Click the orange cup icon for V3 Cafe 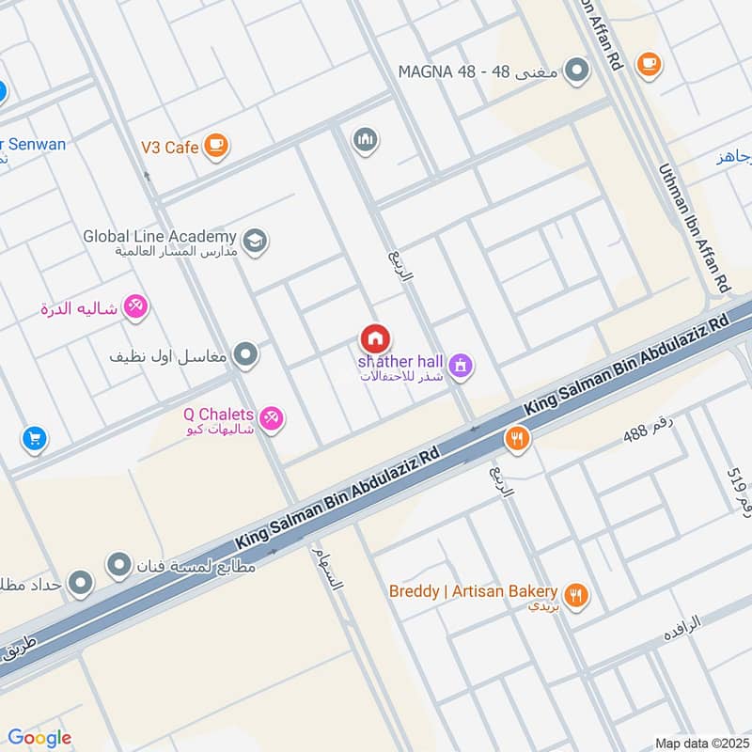(x=216, y=147)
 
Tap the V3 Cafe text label (x=169, y=148)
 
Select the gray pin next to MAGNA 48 (x=577, y=70)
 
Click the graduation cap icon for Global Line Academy (x=255, y=242)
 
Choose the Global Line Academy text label (x=158, y=237)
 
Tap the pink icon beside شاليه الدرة (x=136, y=306)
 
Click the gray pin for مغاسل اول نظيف (x=246, y=355)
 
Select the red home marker (x=375, y=338)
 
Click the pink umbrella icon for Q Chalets (x=272, y=417)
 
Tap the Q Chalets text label (x=219, y=413)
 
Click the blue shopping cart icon (x=34, y=439)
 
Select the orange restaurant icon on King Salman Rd (x=516, y=437)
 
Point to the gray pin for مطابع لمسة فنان (x=118, y=565)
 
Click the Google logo (x=39, y=738)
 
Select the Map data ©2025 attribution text (x=700, y=743)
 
